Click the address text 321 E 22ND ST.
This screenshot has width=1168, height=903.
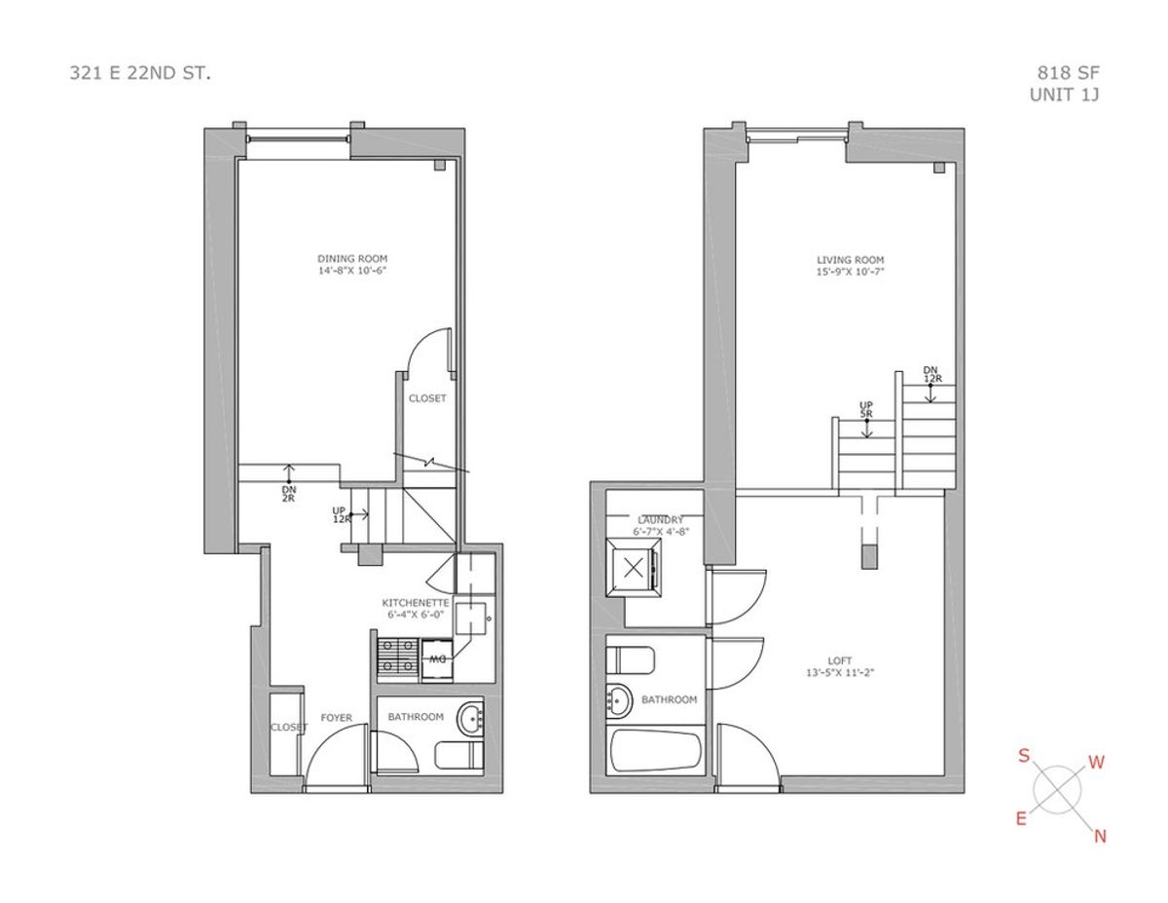[140, 73]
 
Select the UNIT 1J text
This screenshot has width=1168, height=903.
[1064, 94]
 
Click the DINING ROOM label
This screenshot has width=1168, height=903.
[352, 258]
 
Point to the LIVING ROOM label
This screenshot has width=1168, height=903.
[850, 260]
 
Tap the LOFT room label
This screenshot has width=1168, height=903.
[840, 661]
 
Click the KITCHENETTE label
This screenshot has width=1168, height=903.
[415, 602]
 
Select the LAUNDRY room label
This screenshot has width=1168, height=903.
[660, 520]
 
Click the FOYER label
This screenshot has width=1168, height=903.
[337, 718]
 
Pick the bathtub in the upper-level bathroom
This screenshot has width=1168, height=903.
[656, 750]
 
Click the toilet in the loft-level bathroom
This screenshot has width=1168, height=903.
[630, 659]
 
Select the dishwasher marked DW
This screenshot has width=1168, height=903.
[437, 659]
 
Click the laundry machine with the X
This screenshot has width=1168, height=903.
[635, 568]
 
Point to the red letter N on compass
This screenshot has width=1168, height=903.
[1100, 836]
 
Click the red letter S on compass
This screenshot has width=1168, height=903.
[1024, 756]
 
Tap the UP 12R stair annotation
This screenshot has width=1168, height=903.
[339, 514]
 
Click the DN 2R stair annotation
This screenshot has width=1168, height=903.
[289, 494]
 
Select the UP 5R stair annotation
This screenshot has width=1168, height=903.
[866, 409]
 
